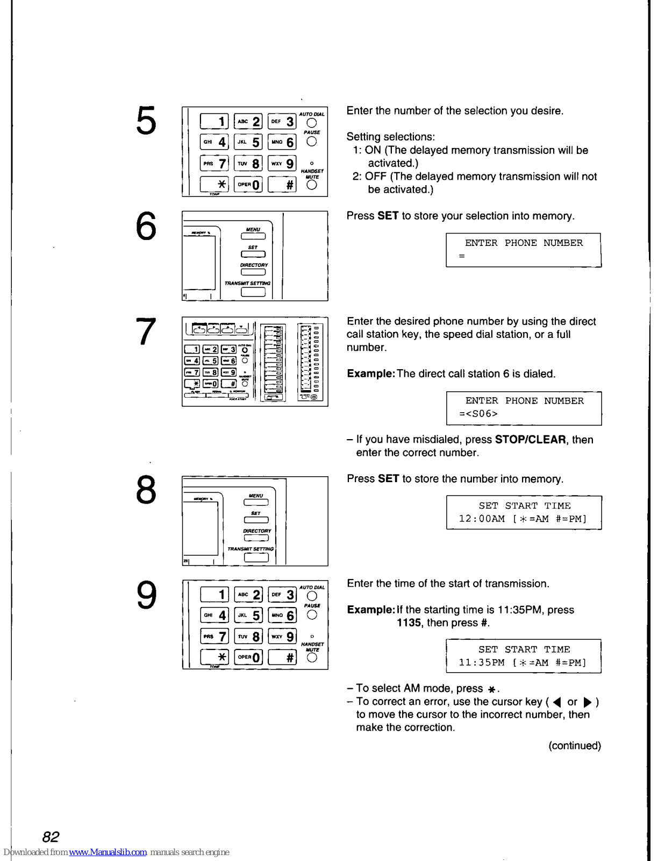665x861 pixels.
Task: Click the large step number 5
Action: [x=146, y=121]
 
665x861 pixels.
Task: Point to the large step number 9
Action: [x=146, y=595]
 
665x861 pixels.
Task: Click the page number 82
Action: [x=51, y=836]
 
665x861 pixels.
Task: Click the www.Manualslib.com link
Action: [x=108, y=852]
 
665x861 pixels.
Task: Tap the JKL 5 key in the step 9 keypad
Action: [x=249, y=615]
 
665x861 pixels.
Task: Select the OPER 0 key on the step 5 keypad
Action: [x=248, y=185]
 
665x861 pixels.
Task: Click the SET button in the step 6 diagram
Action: [x=253, y=254]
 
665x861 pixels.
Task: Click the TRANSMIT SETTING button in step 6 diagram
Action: [x=253, y=292]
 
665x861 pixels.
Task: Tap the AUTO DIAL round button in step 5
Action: [x=311, y=123]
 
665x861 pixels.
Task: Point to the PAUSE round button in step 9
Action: [x=312, y=615]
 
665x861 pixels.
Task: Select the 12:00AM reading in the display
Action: [x=482, y=519]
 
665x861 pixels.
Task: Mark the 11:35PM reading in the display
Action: [x=482, y=662]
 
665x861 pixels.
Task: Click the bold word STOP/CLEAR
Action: [x=530, y=440]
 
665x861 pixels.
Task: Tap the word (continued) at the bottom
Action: [x=574, y=745]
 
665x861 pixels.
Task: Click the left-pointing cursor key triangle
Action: [x=557, y=702]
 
